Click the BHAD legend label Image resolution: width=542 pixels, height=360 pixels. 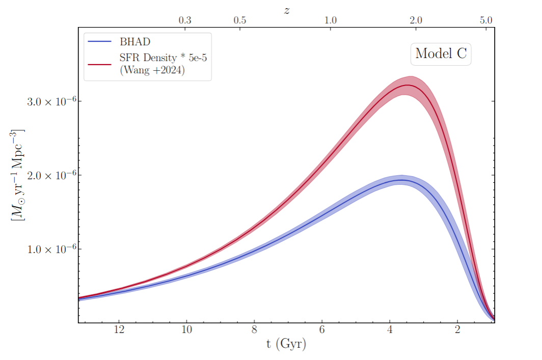[x=135, y=42]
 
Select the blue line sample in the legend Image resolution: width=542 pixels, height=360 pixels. [x=99, y=41]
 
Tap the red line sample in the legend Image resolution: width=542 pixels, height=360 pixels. [x=99, y=64]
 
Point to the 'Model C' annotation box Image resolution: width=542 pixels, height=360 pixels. [x=441, y=54]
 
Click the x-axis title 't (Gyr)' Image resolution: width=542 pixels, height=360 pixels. [x=286, y=344]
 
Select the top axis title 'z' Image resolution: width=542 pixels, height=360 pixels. [x=287, y=11]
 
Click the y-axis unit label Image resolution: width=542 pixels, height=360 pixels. [x=17, y=175]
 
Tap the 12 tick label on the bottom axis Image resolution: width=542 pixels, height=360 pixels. [x=119, y=329]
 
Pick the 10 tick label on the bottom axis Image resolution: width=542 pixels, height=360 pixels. [x=186, y=329]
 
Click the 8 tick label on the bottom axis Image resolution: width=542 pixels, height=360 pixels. [x=254, y=329]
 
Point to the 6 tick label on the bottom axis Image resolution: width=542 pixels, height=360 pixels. [x=322, y=329]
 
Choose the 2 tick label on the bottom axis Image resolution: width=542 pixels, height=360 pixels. [x=457, y=329]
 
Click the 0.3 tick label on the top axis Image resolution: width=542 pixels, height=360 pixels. [x=185, y=20]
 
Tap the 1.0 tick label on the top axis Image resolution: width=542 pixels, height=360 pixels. [x=331, y=20]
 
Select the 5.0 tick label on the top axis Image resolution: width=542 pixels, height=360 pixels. [x=486, y=20]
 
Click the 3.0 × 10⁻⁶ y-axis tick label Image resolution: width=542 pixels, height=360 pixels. [x=51, y=101]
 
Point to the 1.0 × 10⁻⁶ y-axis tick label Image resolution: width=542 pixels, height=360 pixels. [x=51, y=249]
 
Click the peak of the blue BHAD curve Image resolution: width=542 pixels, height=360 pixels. [x=401, y=180]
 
